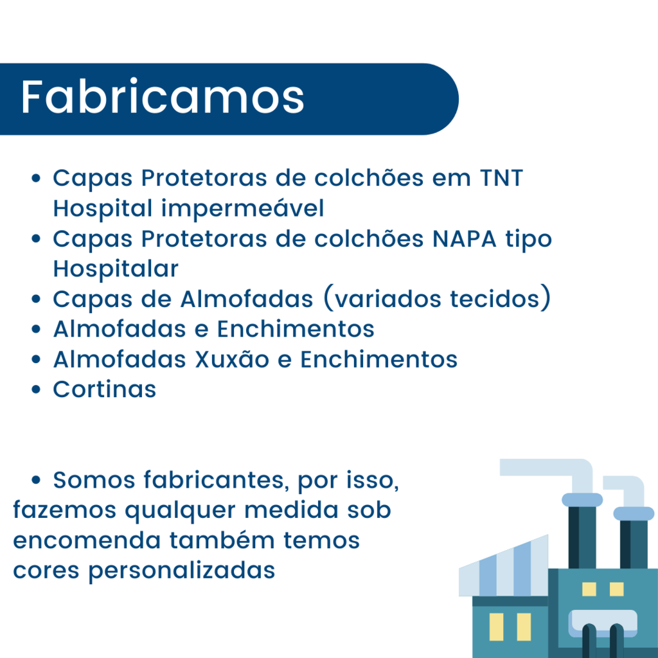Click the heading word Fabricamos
[x=163, y=97]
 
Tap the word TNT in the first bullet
[x=501, y=177]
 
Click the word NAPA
[x=464, y=239]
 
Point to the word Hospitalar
[x=116, y=269]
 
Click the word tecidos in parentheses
[x=494, y=299]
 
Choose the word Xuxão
[x=232, y=359]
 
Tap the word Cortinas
[x=105, y=389]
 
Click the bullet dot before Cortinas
[x=36, y=389]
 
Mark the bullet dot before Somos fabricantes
[x=36, y=480]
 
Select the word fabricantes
[x=216, y=479]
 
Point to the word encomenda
[x=87, y=540]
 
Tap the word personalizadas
[x=181, y=571]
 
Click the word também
[x=222, y=540]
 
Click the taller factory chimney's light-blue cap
[x=582, y=500]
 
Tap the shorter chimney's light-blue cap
[x=634, y=513]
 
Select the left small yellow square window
[x=589, y=589]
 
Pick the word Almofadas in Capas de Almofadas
[x=247, y=299]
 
